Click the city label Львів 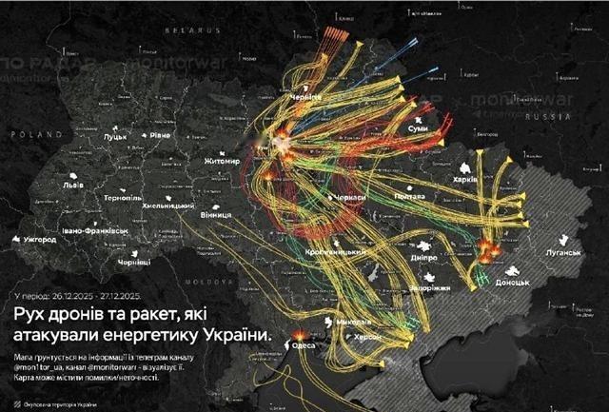click(x=73, y=186)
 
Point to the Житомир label click(x=221, y=163)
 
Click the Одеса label click(x=305, y=346)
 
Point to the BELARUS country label click(x=190, y=31)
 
